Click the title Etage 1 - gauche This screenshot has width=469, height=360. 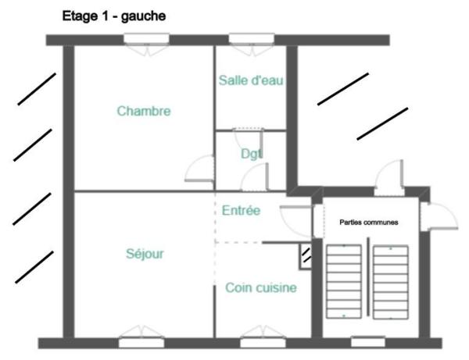point(113,15)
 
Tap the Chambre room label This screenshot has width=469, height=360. point(144,111)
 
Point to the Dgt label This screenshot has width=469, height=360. point(251,153)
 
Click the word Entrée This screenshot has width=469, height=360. point(242,211)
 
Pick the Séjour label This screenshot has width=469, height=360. point(145,253)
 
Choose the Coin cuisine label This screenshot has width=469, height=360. point(261,288)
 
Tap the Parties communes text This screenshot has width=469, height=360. point(369,223)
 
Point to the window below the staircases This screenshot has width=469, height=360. point(367,341)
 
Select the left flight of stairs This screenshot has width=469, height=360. point(343,280)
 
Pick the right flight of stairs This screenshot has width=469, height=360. point(391,280)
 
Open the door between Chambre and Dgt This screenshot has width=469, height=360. point(202,169)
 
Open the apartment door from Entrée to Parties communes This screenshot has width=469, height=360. point(298,218)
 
